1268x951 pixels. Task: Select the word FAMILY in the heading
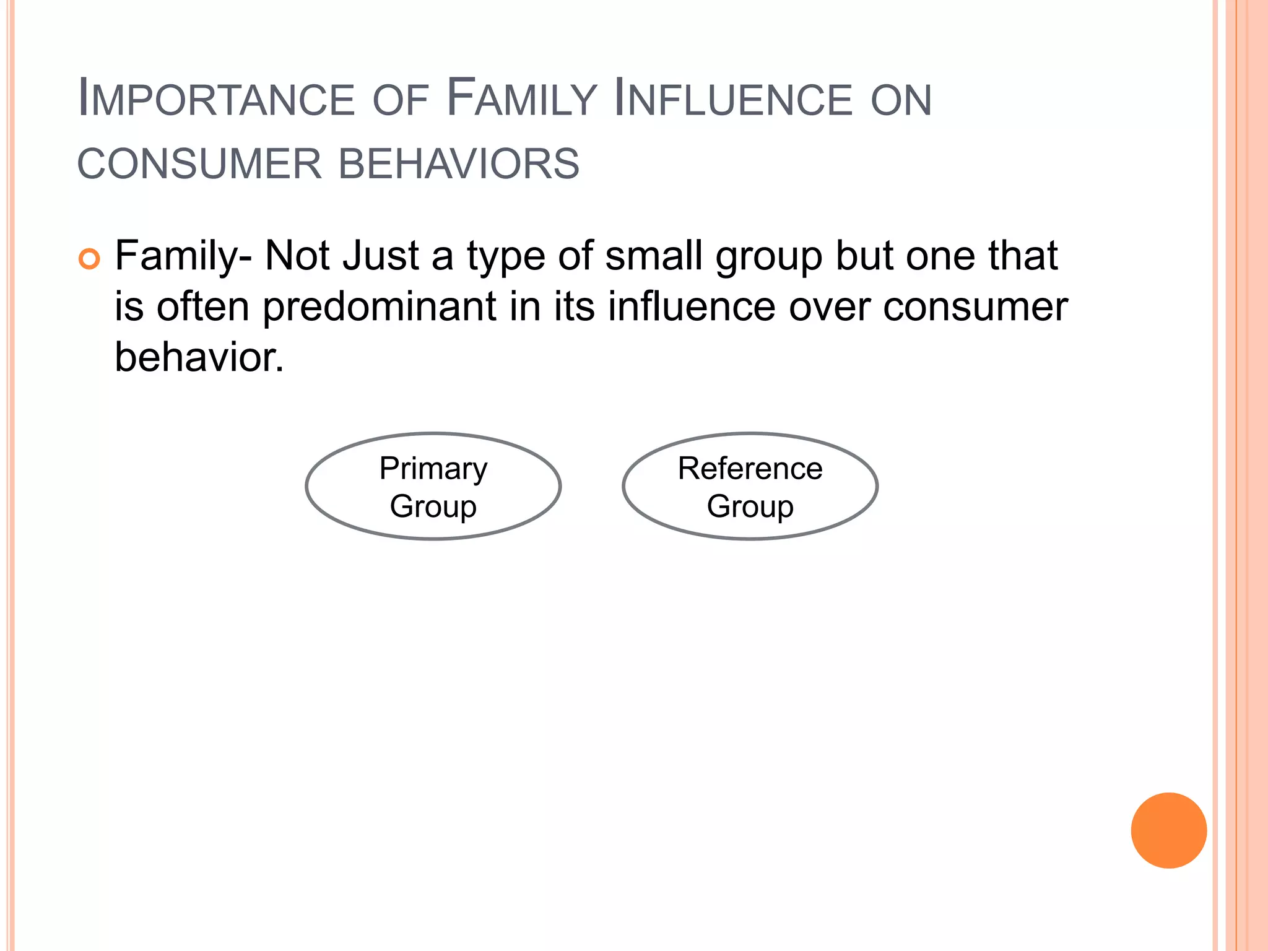click(521, 99)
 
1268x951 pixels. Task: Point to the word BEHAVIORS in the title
click(459, 164)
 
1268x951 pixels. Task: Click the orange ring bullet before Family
click(90, 259)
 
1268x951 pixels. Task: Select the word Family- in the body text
click(183, 256)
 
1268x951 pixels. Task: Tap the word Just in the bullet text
click(380, 256)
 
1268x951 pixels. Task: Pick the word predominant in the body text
click(380, 308)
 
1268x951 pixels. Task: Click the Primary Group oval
click(433, 487)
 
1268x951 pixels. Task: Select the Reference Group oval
click(750, 487)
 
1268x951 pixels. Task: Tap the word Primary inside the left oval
click(433, 469)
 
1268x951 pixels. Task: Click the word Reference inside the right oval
click(750, 469)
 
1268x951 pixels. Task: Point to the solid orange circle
click(1168, 830)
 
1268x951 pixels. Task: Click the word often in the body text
click(202, 306)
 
